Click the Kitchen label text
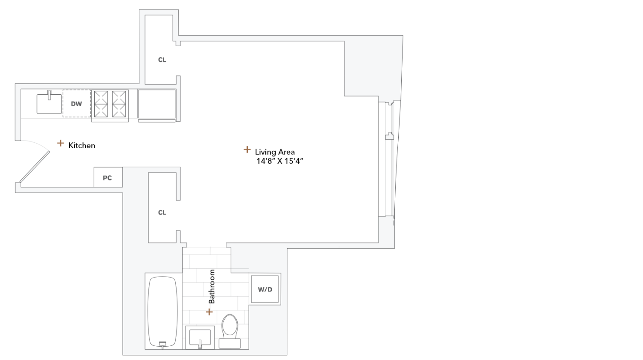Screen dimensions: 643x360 [81, 145]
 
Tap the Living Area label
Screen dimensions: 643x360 [274, 152]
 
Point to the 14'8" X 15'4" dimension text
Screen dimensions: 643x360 [279, 161]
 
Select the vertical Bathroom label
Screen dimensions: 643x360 [211, 286]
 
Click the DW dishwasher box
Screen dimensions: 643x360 [77, 103]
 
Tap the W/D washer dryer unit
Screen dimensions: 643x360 [265, 289]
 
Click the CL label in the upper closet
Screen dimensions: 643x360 [162, 60]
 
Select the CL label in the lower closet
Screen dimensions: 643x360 [162, 212]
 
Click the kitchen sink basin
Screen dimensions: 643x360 [49, 104]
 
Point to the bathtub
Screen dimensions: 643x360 [162, 311]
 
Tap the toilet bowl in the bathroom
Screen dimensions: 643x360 [230, 325]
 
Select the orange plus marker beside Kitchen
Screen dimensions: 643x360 [60, 143]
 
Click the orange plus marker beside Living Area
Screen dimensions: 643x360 [247, 150]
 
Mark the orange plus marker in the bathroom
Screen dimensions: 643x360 [209, 312]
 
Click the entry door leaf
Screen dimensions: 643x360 [34, 166]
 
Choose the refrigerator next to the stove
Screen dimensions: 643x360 [156, 104]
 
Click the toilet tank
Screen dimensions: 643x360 [230, 343]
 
